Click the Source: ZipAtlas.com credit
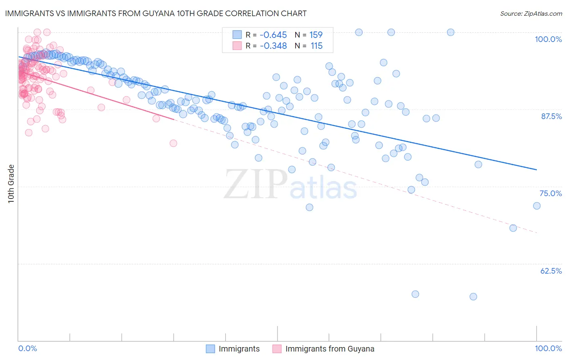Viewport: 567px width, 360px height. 531,13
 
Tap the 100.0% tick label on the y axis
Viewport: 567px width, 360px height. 548,39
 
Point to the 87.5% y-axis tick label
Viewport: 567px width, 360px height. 551,116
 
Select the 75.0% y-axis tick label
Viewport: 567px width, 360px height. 550,193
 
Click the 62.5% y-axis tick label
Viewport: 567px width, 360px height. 551,271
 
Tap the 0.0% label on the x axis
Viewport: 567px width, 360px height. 27,348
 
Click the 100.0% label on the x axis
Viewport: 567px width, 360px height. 548,348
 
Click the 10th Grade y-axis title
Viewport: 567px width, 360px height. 11,184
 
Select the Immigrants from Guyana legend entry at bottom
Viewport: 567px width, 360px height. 329,349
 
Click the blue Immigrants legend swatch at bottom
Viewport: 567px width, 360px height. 211,349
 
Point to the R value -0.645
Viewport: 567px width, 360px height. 273,35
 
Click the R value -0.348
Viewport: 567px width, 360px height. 273,46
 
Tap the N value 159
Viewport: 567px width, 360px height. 316,35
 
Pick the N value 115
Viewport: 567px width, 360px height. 317,46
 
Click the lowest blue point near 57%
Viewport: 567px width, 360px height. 473,297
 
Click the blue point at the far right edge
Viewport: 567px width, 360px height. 537,206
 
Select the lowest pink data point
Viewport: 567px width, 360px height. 173,143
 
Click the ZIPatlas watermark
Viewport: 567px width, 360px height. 290,185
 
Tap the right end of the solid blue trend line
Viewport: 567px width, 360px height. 537,170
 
